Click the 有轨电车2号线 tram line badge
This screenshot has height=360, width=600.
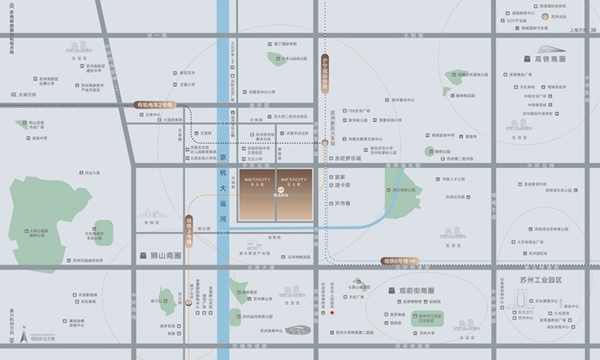[x=154, y=105]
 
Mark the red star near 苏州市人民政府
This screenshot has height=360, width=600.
[x=332, y=313]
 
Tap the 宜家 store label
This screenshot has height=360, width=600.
[x=339, y=178]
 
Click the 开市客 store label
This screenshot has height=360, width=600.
[x=343, y=203]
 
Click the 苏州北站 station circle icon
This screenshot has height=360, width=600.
[x=544, y=16]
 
